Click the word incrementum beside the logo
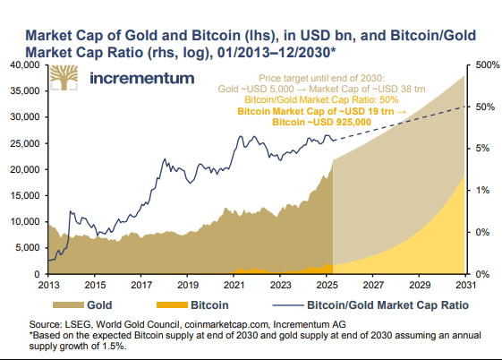140,78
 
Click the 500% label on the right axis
484,65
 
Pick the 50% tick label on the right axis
484,107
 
